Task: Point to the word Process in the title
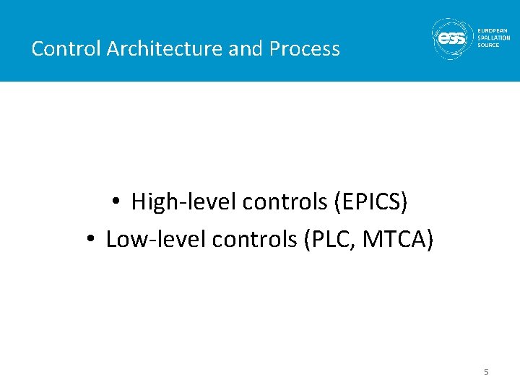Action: (x=304, y=49)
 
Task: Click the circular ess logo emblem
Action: (x=452, y=38)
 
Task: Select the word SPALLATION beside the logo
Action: (x=494, y=38)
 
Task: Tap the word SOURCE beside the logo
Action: (x=489, y=45)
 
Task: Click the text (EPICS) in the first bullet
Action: (x=370, y=202)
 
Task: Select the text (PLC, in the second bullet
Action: (x=326, y=239)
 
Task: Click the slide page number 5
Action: (x=486, y=372)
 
